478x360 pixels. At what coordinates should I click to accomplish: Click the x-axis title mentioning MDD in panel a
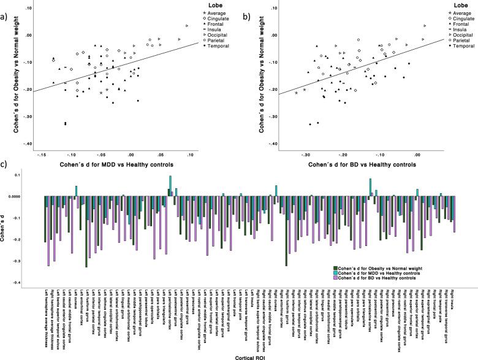pyautogui.click(x=115, y=165)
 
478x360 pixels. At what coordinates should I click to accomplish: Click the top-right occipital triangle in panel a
pyautogui.click(x=188, y=26)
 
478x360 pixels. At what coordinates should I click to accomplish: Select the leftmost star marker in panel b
pyautogui.click(x=297, y=93)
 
